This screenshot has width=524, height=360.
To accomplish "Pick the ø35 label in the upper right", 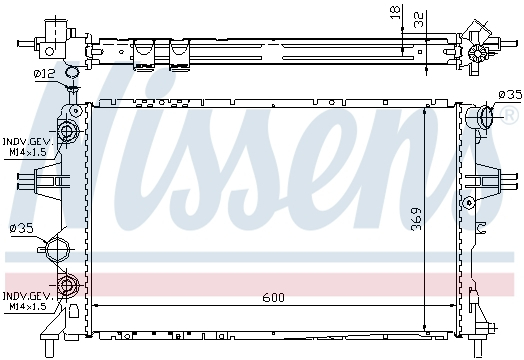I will (510, 95).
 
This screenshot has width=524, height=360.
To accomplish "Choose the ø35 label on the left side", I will (21, 229).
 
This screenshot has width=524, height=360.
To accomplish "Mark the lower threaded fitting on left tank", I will (69, 287).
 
